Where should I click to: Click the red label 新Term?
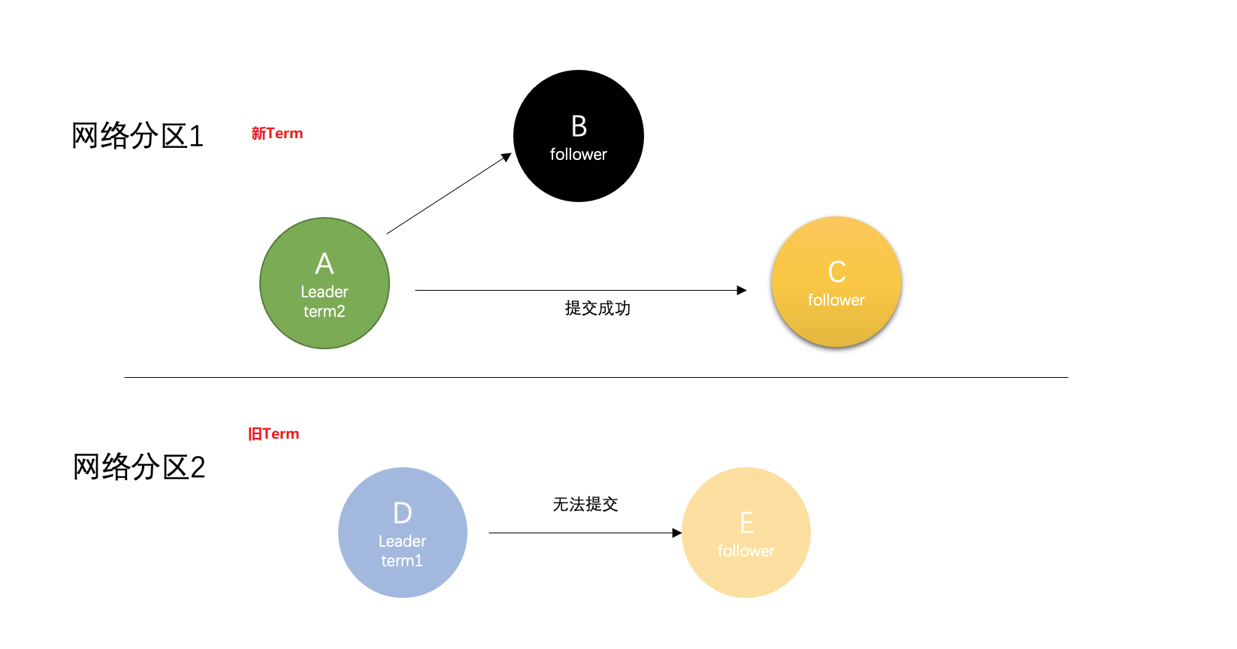click(x=277, y=134)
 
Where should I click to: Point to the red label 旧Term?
click(x=274, y=434)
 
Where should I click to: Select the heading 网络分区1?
click(x=138, y=136)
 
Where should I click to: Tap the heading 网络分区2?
click(x=139, y=467)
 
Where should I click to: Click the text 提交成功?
click(x=597, y=308)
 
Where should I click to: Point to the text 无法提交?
click(x=585, y=504)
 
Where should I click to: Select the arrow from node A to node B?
click(x=449, y=194)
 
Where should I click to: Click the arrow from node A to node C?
click(x=580, y=290)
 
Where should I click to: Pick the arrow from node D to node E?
click(x=585, y=533)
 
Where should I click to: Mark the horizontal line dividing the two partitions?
click(x=595, y=377)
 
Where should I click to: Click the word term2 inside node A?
click(x=325, y=312)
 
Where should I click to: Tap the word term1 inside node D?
click(x=402, y=561)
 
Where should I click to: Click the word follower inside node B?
click(x=579, y=155)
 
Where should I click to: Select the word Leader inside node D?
click(x=402, y=541)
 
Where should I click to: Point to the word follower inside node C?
click(x=836, y=300)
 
